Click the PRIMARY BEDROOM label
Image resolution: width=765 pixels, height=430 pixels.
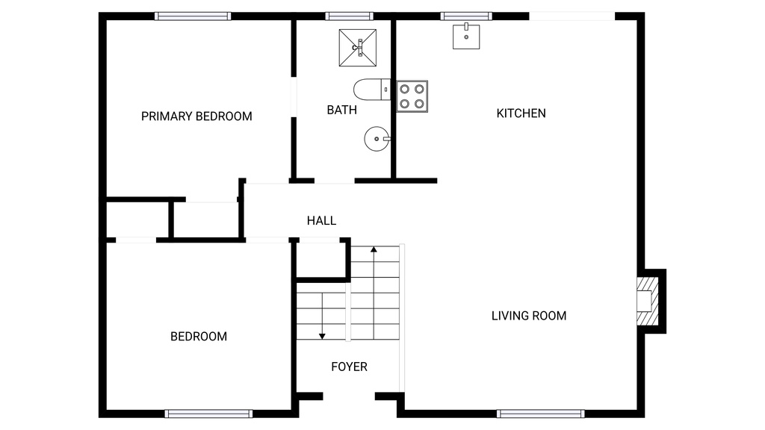click(x=196, y=116)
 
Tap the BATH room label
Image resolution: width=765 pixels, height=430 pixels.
click(x=341, y=110)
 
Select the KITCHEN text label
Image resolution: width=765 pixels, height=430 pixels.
click(x=521, y=113)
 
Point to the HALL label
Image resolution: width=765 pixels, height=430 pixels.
click(x=321, y=221)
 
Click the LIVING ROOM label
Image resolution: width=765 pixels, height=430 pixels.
click(x=528, y=316)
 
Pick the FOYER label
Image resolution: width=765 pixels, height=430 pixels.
click(x=349, y=367)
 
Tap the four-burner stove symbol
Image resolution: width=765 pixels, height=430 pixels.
click(x=412, y=96)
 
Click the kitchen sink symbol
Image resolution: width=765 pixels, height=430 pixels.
click(x=466, y=36)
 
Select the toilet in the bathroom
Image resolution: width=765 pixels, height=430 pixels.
click(x=371, y=90)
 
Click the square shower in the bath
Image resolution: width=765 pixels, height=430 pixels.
click(x=358, y=48)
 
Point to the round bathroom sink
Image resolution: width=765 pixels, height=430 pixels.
click(x=377, y=139)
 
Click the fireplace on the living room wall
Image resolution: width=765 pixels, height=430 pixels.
click(x=647, y=301)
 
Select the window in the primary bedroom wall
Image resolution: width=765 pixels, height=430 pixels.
click(x=193, y=16)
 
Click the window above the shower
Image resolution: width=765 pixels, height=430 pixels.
click(x=349, y=16)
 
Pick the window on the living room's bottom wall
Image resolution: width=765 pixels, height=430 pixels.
click(x=540, y=413)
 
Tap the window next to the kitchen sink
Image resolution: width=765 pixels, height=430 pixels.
click(x=465, y=16)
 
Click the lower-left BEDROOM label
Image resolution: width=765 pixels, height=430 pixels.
click(x=199, y=337)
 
